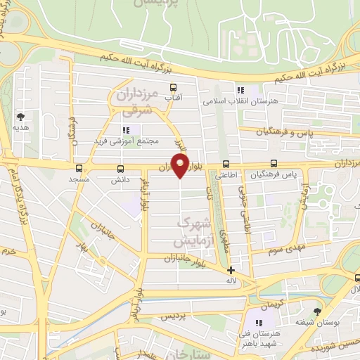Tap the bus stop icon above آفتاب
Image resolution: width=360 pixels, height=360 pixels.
[x=174, y=88]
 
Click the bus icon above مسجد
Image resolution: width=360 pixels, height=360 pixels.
[x=79, y=168]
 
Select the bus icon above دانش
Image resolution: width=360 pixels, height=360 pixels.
[x=120, y=168]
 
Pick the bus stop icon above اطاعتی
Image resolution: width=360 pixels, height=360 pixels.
[x=225, y=164]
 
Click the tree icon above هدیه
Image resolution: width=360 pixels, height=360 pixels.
[x=20, y=117]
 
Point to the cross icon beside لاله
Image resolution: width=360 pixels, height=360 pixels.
[x=231, y=270]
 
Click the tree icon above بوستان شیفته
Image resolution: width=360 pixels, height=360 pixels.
[x=318, y=310]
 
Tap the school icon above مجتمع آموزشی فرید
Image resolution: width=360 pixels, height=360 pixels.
[x=127, y=130]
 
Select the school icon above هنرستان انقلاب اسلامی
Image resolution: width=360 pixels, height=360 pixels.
[x=240, y=90]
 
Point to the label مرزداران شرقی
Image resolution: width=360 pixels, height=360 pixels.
[x=130, y=101]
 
